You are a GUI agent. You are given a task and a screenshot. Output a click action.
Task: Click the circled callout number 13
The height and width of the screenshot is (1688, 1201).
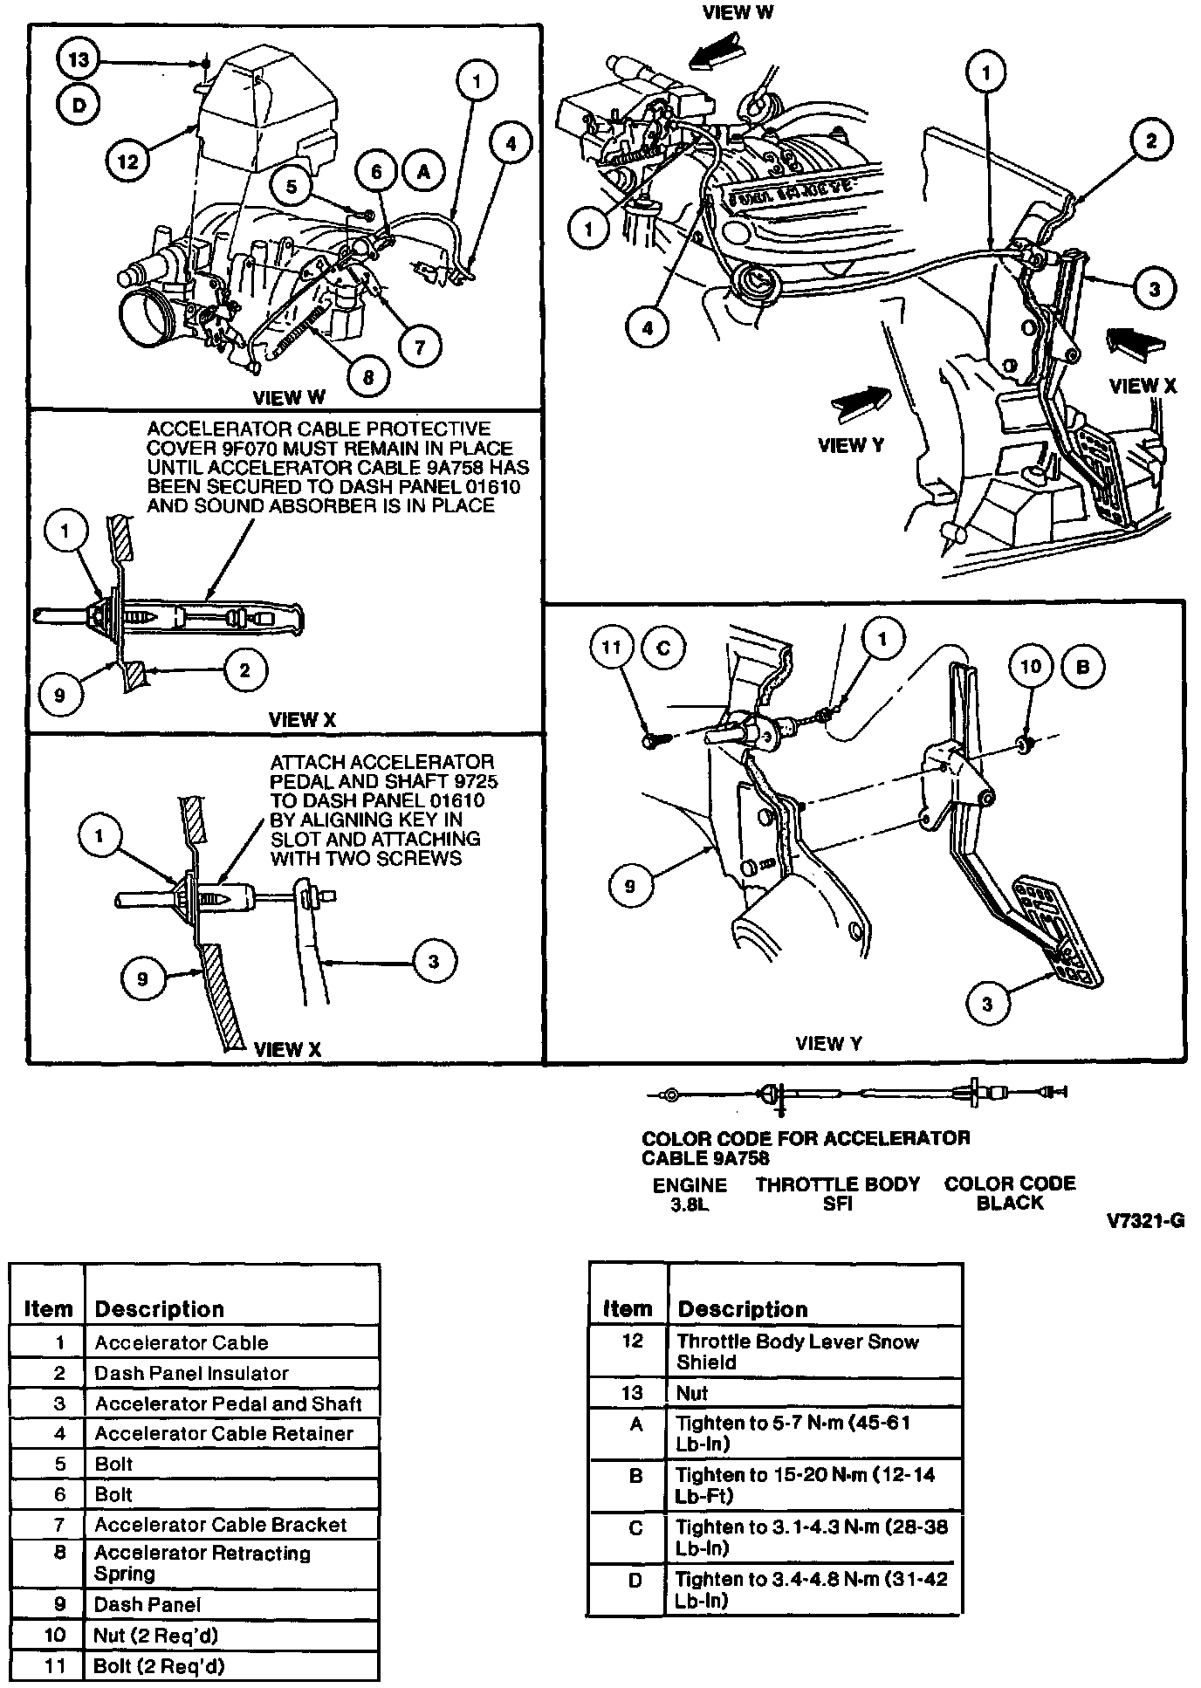79,59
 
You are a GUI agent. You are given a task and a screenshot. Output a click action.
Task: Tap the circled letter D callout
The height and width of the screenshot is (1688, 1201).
79,106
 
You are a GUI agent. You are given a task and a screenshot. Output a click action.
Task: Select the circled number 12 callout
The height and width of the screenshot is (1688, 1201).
127,161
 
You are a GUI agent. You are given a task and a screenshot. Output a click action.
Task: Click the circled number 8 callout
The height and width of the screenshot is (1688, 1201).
367,377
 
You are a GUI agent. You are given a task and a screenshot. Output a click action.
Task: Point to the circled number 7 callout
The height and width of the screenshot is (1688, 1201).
420,347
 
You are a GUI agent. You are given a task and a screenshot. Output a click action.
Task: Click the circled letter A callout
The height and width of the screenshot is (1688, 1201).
423,172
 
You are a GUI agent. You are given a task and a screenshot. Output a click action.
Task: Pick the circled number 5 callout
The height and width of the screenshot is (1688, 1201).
292,186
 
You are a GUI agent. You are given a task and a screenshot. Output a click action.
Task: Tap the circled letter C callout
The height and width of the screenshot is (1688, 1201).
662,648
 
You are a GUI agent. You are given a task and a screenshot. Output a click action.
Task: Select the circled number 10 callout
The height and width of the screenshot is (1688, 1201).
1031,667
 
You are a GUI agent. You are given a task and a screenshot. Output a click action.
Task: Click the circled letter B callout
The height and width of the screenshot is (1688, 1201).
1083,667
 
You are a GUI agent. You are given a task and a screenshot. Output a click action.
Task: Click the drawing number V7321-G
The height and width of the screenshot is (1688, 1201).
1145,1221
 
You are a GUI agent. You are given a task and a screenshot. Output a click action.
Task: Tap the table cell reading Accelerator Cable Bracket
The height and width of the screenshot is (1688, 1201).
220,1524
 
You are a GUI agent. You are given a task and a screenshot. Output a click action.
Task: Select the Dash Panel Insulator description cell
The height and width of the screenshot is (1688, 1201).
191,1373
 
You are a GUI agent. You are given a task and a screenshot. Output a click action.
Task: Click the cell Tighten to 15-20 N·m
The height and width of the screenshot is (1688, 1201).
805,1485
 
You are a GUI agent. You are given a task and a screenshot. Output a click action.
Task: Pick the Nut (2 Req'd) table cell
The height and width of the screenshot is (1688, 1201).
143,1635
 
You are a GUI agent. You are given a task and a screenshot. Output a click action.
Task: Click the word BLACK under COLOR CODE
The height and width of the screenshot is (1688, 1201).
1010,1203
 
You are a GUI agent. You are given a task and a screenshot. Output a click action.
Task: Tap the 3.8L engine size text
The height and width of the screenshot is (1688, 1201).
690,1204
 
